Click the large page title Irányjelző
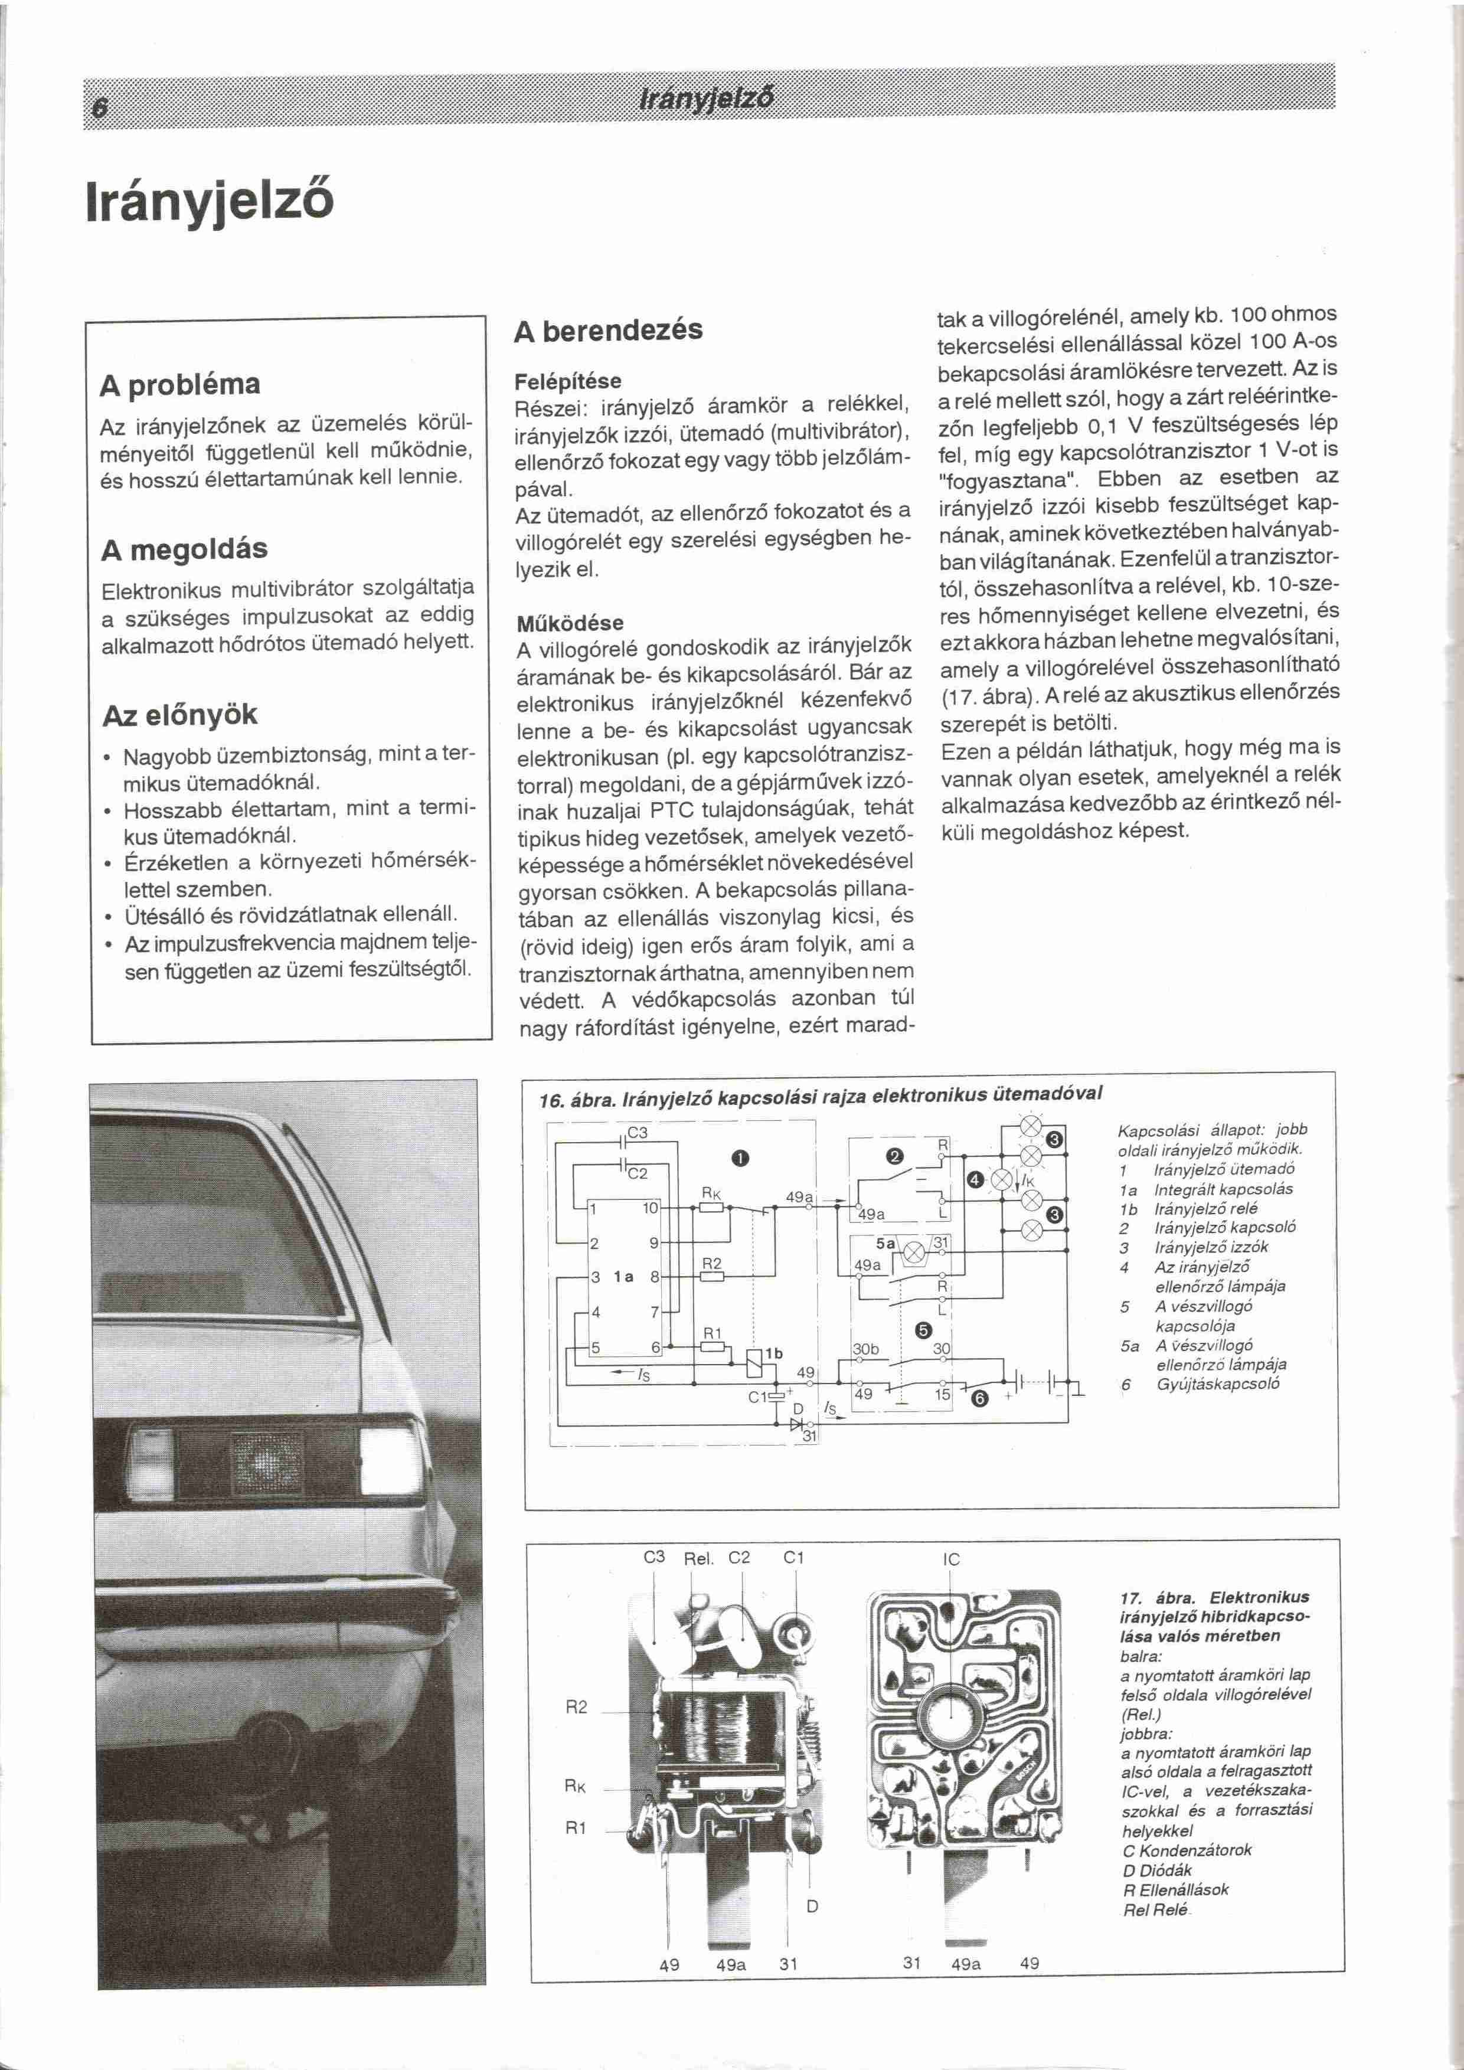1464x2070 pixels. tap(208, 200)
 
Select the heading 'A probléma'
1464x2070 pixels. tap(179, 385)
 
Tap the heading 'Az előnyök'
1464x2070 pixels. tap(179, 715)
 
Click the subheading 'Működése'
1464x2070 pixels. tap(570, 623)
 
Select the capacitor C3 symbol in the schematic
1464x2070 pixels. tap(623, 1140)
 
